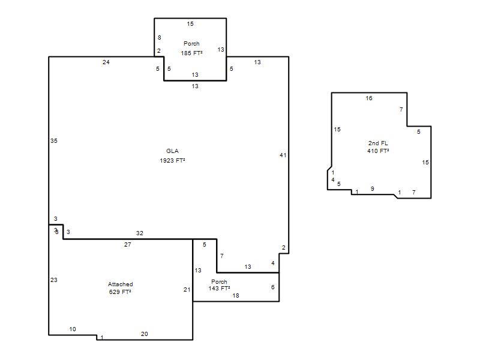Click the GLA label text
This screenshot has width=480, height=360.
[x=172, y=151]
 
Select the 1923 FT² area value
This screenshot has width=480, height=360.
[x=172, y=160]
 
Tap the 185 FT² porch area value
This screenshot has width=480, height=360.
[x=191, y=53]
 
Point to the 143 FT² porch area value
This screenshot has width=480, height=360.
[x=219, y=289]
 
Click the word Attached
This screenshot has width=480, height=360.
[x=121, y=284]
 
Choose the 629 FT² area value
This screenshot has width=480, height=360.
[x=120, y=292]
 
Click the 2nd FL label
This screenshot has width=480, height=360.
[x=378, y=143]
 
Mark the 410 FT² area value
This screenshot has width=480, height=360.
[x=378, y=151]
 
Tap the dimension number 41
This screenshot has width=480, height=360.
[x=283, y=155]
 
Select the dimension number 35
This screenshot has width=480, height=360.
[x=54, y=141]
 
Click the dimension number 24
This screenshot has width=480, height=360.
[x=106, y=62]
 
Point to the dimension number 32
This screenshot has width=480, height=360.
[x=140, y=233]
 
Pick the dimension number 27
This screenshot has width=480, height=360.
[x=128, y=244]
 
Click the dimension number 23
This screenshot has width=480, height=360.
[x=54, y=280]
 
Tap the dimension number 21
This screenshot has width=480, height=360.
[x=187, y=290]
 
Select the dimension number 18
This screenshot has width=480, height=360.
[x=236, y=295]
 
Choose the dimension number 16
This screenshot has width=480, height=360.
[x=369, y=98]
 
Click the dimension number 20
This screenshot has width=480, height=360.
[x=145, y=334]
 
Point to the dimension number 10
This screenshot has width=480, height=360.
[x=73, y=329]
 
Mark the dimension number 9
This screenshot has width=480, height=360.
[x=372, y=189]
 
